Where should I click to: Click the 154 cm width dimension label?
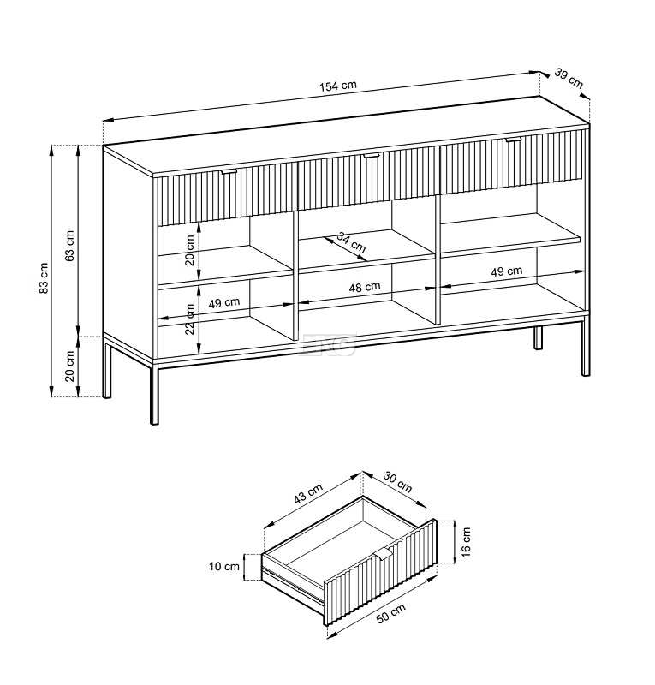click(337, 86)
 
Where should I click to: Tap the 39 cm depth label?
click(569, 78)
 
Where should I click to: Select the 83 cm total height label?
click(44, 277)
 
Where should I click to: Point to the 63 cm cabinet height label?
click(70, 246)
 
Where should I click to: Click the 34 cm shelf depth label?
click(351, 242)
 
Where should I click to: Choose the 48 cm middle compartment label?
click(365, 287)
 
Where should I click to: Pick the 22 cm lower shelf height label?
click(189, 319)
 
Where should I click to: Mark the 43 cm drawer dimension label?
click(308, 493)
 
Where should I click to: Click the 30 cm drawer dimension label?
click(397, 482)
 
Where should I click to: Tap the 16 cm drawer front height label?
click(467, 542)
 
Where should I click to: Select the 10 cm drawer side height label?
click(224, 567)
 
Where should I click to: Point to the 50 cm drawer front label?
click(390, 612)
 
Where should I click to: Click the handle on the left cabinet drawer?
click(229, 172)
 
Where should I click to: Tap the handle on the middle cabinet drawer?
click(372, 155)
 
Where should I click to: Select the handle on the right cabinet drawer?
click(514, 140)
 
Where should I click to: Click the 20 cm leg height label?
click(70, 366)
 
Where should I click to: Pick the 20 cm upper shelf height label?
click(189, 250)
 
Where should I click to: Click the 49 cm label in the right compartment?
click(506, 271)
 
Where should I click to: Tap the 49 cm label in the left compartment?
click(224, 302)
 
